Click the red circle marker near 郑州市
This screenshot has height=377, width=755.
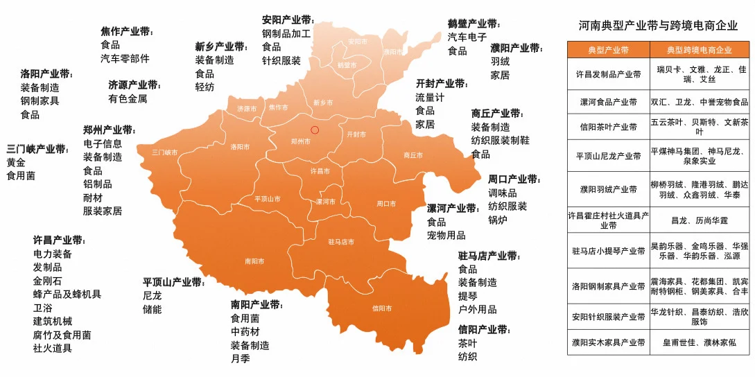[315, 130]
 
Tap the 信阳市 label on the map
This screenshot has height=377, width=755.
[382, 308]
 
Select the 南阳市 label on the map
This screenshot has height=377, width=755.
[254, 261]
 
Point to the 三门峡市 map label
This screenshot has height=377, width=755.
[165, 152]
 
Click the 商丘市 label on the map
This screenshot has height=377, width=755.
[413, 155]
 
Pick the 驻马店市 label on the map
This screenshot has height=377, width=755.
[341, 242]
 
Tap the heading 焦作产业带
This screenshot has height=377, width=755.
[126, 32]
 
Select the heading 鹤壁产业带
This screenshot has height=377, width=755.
[474, 24]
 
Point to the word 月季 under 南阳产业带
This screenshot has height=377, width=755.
[241, 358]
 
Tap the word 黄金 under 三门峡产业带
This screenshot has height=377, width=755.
[16, 162]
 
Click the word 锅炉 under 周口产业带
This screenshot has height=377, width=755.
[498, 220]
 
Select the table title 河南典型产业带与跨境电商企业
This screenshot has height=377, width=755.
[658, 26]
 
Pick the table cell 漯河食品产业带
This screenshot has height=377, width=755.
[609, 102]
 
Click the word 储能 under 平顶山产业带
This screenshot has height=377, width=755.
[153, 309]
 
